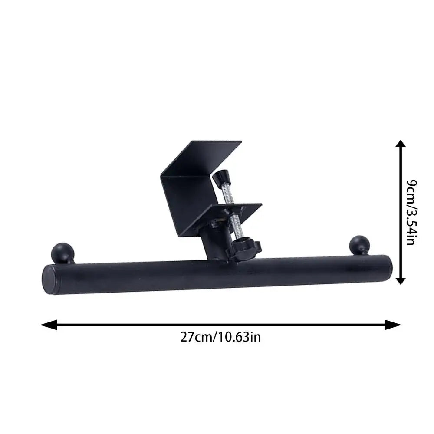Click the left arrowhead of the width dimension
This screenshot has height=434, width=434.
(x=48, y=324)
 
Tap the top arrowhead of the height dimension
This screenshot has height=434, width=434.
(x=401, y=145)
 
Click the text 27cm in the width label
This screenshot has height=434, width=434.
(x=194, y=337)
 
